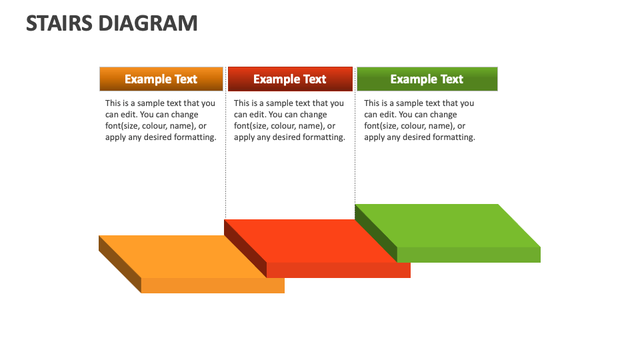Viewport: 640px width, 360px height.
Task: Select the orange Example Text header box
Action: pos(161,79)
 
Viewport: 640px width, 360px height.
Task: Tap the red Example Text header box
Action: pos(289,79)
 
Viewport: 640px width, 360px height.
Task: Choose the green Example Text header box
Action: pos(427,79)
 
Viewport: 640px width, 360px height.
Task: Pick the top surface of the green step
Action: pos(447,225)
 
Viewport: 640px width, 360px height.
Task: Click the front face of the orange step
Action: pos(213,285)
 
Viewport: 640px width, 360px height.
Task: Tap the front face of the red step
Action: pos(338,270)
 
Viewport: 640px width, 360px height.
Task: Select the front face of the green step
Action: pos(469,255)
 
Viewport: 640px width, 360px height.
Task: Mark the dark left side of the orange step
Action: pos(119,264)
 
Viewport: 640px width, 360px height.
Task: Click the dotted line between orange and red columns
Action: pos(225,147)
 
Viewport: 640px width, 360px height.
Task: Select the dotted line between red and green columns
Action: pos(355,147)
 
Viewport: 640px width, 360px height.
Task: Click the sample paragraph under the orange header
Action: pos(161,120)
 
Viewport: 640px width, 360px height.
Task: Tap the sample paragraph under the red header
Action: pos(289,120)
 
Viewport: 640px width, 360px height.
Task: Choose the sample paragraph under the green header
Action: pos(419,120)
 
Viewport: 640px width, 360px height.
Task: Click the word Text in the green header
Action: pos(451,79)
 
